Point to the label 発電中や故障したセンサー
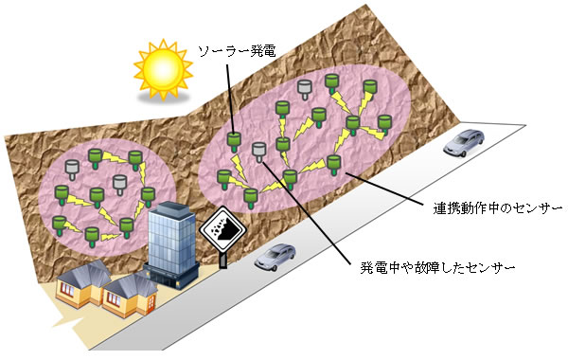(x=437, y=269)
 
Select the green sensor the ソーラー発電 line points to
(x=235, y=143)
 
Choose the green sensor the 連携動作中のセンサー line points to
(x=333, y=163)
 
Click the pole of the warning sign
(x=222, y=258)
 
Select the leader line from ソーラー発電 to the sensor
(x=233, y=95)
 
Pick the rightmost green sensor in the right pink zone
(x=384, y=124)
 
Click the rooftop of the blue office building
(x=170, y=210)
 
